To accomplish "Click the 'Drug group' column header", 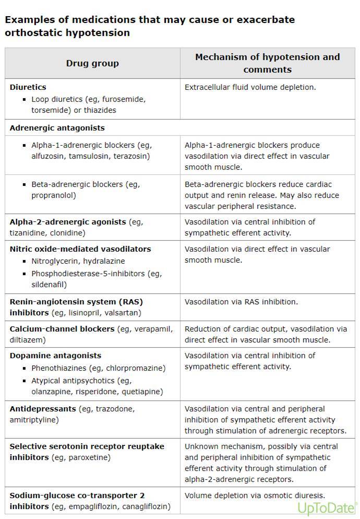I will [92, 63].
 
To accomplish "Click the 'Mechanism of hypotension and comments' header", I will [267, 63].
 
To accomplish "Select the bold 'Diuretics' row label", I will [28, 87].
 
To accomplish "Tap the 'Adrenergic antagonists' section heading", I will [57, 128].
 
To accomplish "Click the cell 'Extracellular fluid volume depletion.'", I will [250, 87].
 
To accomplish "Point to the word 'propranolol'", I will [53, 196].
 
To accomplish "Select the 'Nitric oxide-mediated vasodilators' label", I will [80, 249].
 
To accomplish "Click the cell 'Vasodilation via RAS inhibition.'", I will [241, 302].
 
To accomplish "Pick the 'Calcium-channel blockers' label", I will [62, 329].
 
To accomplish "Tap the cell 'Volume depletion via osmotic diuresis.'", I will [255, 496].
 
